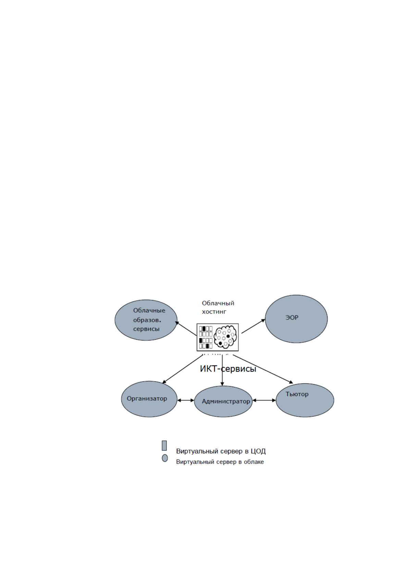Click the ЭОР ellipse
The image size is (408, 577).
pos(296,319)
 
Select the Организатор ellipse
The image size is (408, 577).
pos(149,399)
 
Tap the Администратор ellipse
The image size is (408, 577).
pos(223,401)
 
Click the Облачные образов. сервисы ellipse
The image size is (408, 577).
pos(146,320)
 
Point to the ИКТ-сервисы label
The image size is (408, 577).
pos(228,369)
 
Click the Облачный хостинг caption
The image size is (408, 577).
pos(218,307)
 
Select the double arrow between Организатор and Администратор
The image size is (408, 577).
pos(186,400)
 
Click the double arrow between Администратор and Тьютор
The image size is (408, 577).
pos(264,400)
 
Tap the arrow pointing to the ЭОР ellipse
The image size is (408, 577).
pos(254,326)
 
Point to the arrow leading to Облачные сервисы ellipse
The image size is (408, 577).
pos(186,328)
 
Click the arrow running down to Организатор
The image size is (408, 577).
pos(183,369)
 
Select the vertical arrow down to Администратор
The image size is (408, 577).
pos(222,371)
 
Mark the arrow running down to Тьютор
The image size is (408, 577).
pos(263,369)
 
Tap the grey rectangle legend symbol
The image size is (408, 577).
pos(164,446)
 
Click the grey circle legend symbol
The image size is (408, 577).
pos(165,458)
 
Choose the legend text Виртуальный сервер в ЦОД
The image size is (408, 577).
pos(221,451)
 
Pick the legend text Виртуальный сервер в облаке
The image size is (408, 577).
pos(220,462)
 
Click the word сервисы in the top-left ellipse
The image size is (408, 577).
pos(146,329)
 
